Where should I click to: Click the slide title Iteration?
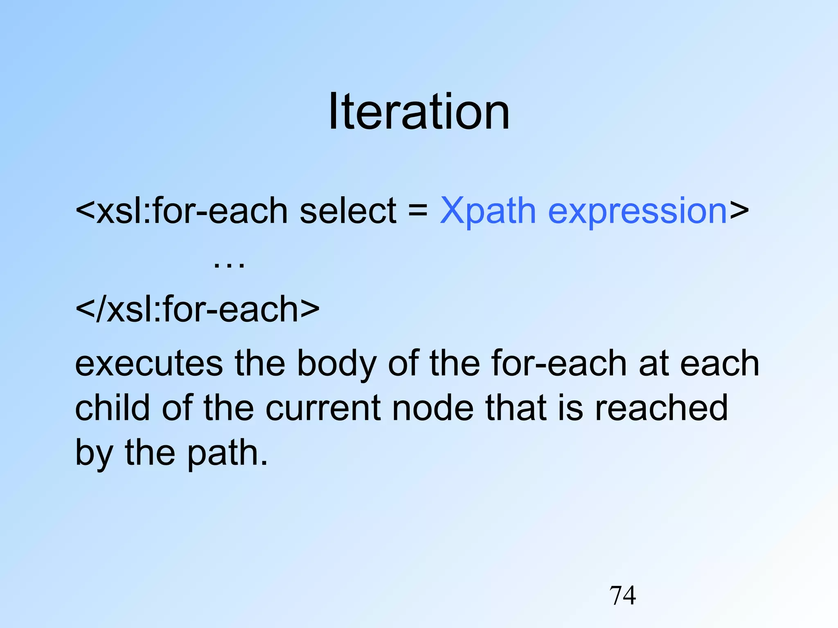click(x=419, y=112)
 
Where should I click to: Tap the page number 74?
click(x=622, y=595)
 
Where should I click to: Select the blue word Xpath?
click(x=488, y=211)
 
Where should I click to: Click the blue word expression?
click(x=637, y=212)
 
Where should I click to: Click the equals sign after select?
click(x=418, y=211)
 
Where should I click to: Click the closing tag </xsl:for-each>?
click(x=197, y=309)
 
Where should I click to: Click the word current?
click(x=323, y=408)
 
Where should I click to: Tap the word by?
click(x=94, y=453)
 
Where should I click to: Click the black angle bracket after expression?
click(x=739, y=211)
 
